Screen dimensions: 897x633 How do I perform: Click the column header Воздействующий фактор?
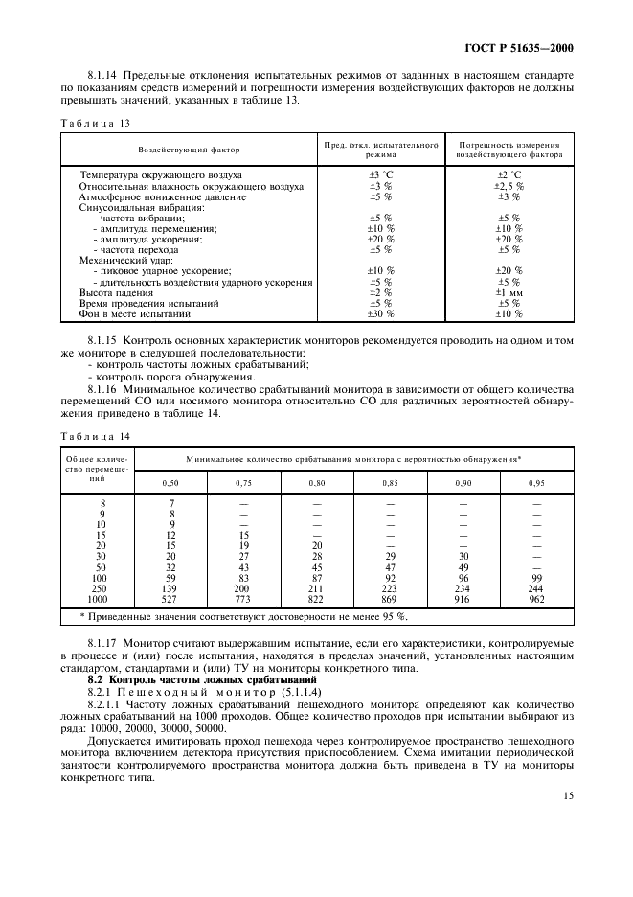(x=189, y=150)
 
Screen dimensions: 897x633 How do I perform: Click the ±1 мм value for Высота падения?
(x=509, y=291)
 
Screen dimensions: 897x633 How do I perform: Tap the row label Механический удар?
(x=124, y=260)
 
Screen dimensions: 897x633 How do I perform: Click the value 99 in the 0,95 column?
(x=536, y=577)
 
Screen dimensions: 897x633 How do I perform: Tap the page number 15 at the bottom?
(x=567, y=794)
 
